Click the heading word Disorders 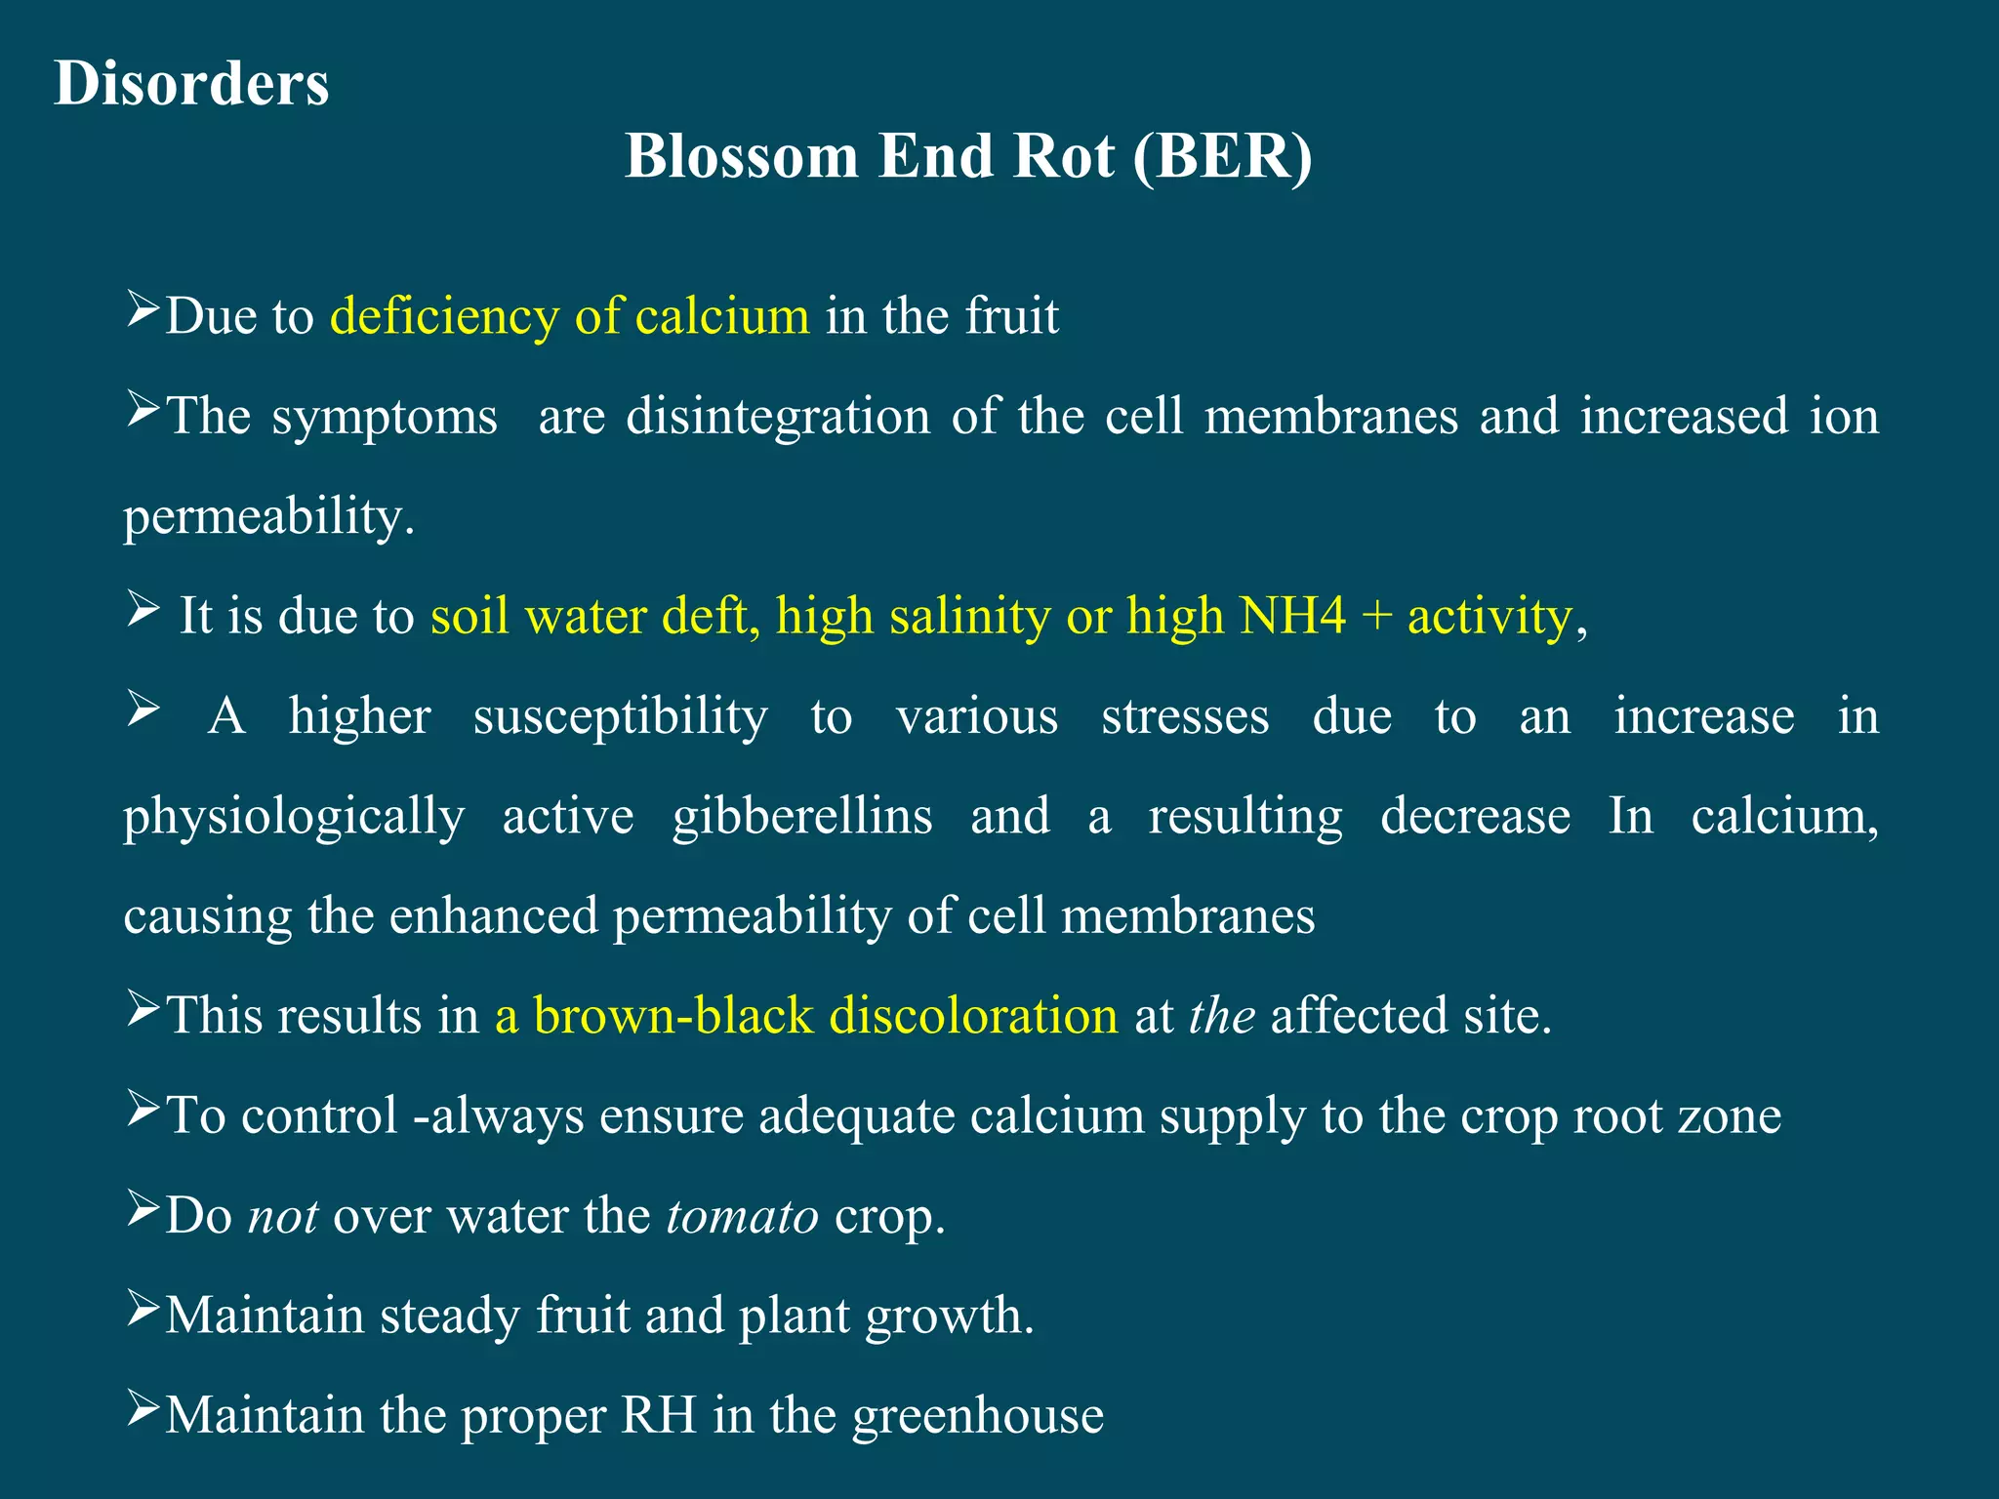point(191,83)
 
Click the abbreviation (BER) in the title point(1223,156)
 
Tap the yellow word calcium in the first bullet point(722,315)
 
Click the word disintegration point(778,417)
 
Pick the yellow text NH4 point(1292,615)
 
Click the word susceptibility point(621,717)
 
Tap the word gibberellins point(802,816)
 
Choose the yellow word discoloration point(973,1015)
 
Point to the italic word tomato point(743,1216)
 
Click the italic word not point(283,1217)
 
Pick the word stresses point(1185,717)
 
